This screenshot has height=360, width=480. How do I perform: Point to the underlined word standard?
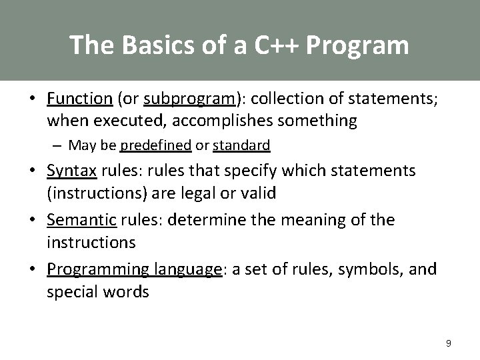click(x=241, y=145)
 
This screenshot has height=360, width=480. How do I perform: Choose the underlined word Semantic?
click(x=80, y=220)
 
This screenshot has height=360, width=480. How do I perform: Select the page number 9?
click(x=449, y=343)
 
